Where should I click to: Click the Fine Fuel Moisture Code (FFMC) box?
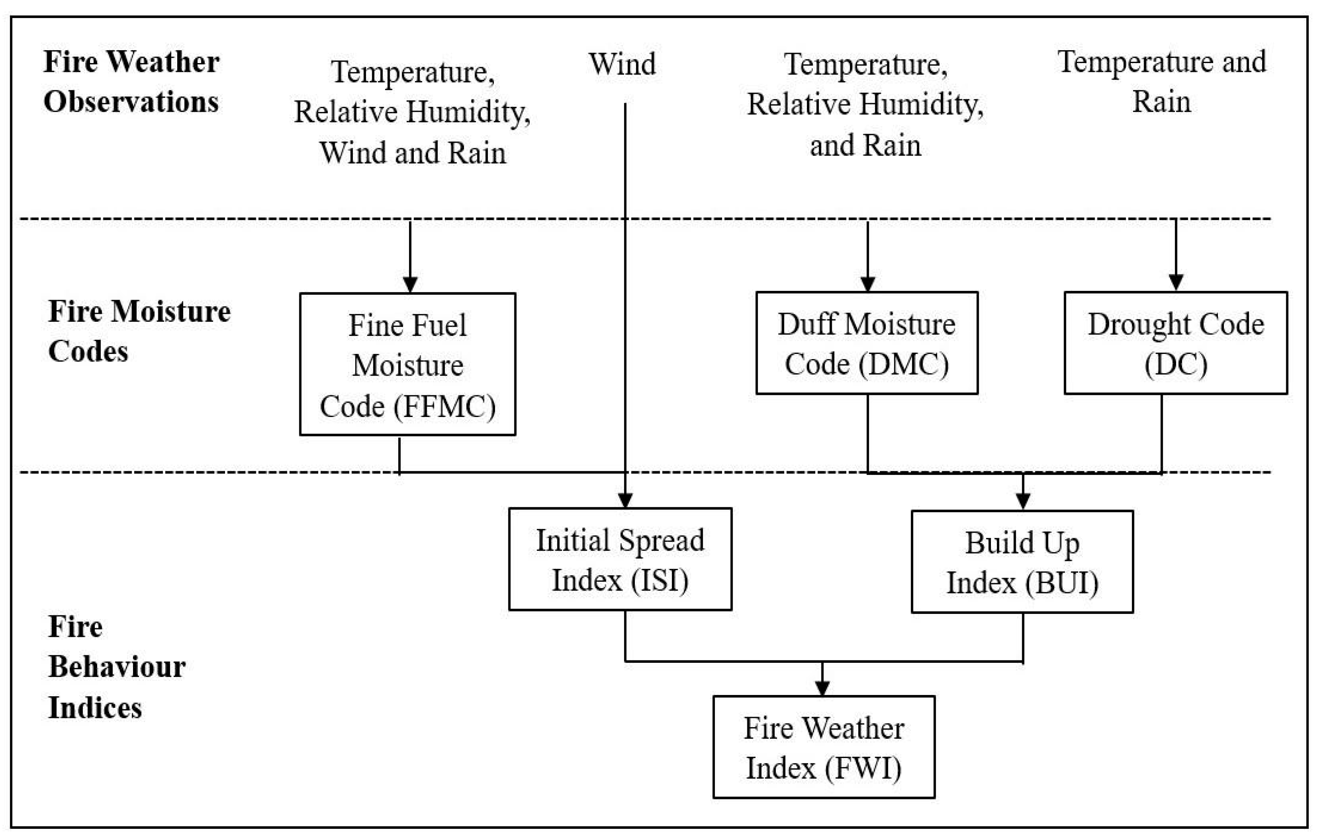407,364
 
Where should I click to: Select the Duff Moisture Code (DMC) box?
866,343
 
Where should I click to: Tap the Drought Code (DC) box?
1175,343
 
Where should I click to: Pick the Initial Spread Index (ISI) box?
620,559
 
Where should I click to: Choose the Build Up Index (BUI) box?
1022,562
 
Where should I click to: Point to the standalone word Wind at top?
622,64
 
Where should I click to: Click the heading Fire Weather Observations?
131,81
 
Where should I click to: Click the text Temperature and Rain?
1162,81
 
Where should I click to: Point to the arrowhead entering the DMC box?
868,283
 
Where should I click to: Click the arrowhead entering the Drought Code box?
1175,282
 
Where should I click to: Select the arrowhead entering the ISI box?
625,499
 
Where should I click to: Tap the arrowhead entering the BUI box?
1023,501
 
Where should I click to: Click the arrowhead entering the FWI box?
822,687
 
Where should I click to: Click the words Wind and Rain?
412,153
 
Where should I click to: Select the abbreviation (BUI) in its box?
1061,583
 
